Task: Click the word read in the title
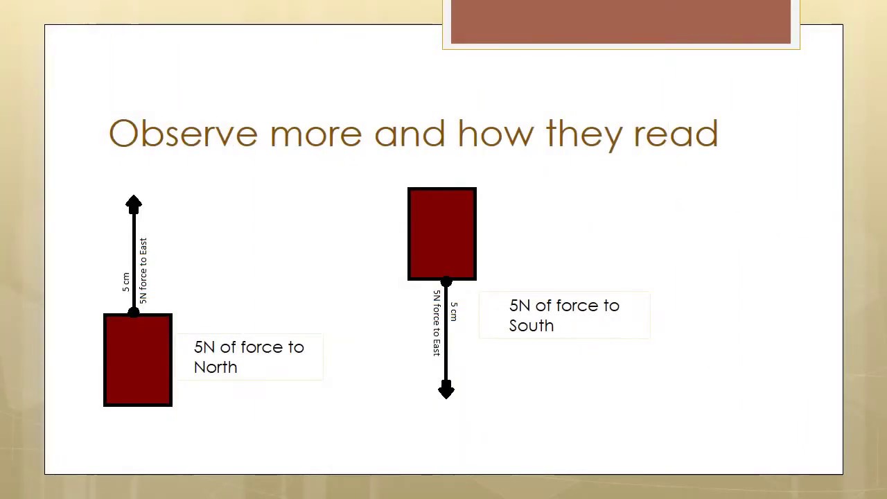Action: (x=676, y=133)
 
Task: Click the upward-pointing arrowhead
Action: (x=134, y=204)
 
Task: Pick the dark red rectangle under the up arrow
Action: (x=138, y=360)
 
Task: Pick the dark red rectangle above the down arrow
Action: (x=442, y=234)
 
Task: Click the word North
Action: (x=216, y=367)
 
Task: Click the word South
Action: (x=532, y=326)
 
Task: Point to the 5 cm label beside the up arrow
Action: (x=125, y=281)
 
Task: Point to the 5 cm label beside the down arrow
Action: (x=454, y=311)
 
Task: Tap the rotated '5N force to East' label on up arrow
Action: (x=143, y=270)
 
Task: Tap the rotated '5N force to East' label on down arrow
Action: (x=437, y=323)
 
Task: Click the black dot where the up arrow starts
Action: (x=134, y=313)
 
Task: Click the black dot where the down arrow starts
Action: (x=446, y=282)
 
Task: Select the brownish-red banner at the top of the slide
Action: (x=620, y=22)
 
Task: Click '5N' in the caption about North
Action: (x=204, y=347)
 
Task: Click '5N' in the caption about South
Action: (x=520, y=306)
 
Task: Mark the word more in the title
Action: (x=316, y=133)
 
